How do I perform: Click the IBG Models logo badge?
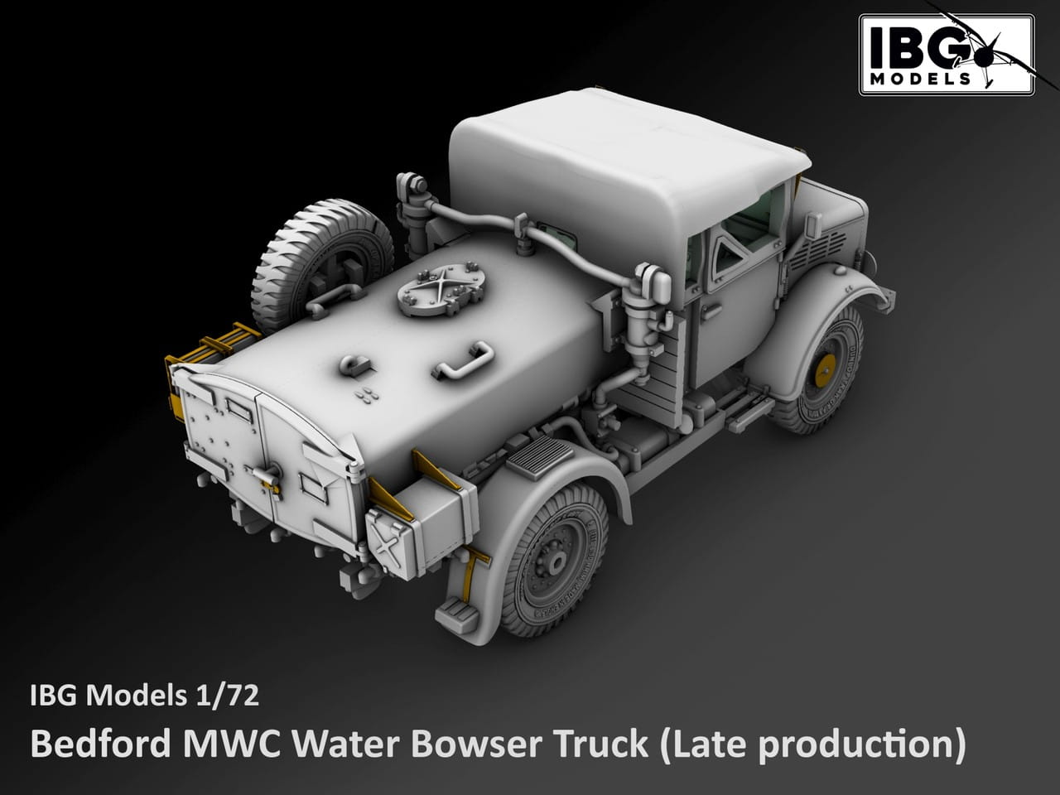(x=947, y=55)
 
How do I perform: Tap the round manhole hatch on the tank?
(x=441, y=289)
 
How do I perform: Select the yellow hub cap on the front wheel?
(x=825, y=371)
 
